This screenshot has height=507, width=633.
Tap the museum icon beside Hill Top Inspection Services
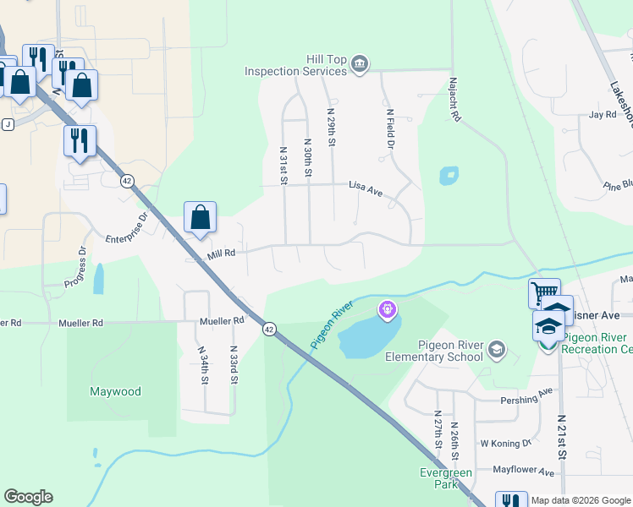(x=360, y=65)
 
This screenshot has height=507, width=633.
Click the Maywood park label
(x=115, y=391)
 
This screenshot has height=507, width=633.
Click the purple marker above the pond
(x=388, y=310)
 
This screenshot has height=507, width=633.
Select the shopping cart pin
(x=544, y=295)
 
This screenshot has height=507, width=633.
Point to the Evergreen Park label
(x=446, y=478)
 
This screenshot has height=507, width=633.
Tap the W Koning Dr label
(x=505, y=442)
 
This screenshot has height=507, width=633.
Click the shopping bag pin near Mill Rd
(x=200, y=218)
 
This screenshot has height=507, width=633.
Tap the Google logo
(x=29, y=497)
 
